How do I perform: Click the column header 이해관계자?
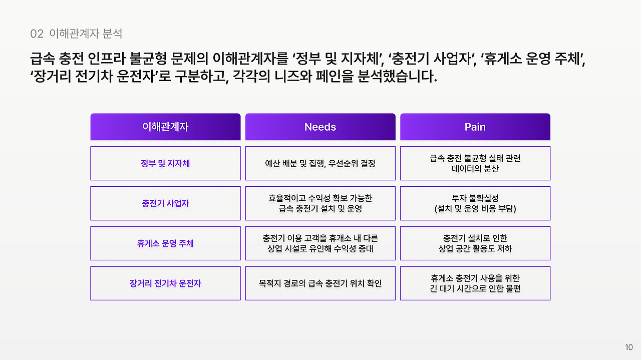point(165,127)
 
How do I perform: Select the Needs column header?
point(320,127)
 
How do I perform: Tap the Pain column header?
point(475,127)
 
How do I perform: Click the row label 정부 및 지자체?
point(165,163)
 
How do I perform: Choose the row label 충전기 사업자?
point(165,203)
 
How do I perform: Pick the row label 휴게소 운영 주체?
point(165,243)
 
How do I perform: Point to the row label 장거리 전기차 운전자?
point(165,283)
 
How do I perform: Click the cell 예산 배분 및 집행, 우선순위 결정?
point(320,163)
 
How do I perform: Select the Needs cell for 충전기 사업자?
point(320,203)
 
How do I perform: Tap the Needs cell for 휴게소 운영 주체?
point(320,243)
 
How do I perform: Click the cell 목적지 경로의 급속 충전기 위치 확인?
point(320,283)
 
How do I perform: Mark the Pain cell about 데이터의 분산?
point(475,163)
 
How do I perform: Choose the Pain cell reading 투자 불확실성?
point(475,203)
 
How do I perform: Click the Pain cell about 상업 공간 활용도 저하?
point(475,243)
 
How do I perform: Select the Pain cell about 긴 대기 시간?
point(475,283)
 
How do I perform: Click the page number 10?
point(629,347)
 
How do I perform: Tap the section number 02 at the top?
point(37,34)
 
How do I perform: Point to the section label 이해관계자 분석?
point(86,34)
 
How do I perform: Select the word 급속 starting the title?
point(43,59)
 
